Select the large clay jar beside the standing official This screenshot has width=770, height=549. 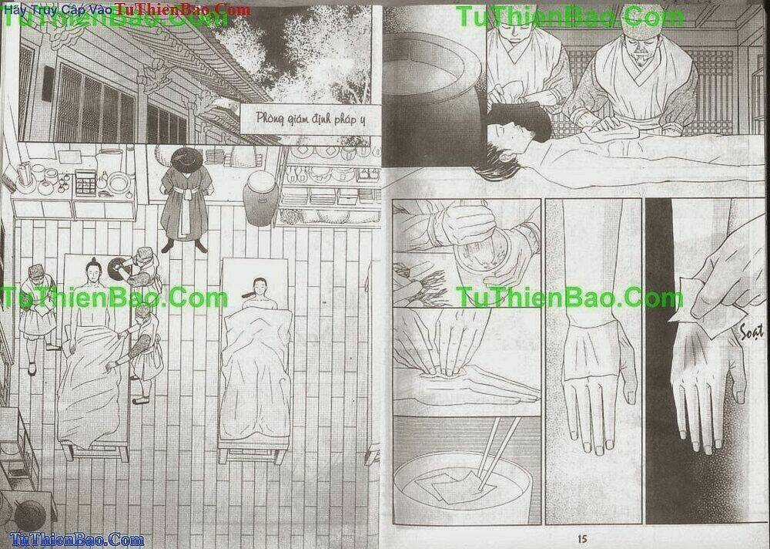(x=260, y=197)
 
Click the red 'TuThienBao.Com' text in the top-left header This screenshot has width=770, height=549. (x=182, y=9)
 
